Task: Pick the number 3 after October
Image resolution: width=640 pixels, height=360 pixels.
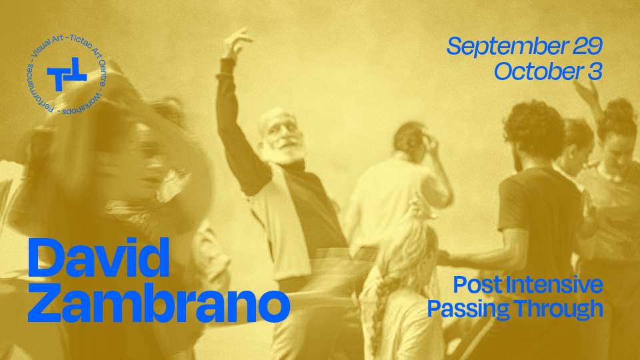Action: click(595, 71)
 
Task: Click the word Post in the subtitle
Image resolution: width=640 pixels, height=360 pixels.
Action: click(476, 285)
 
